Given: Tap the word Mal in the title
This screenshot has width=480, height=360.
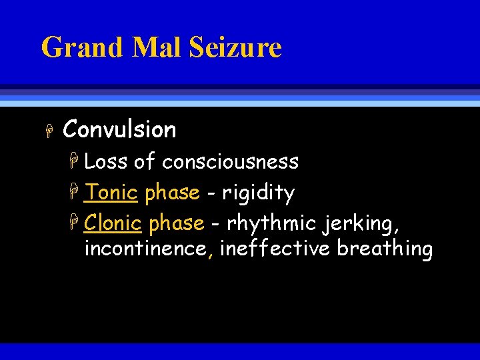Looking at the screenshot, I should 149,48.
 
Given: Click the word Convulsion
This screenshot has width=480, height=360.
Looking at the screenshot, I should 119,129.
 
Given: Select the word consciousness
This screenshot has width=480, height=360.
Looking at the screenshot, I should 230,161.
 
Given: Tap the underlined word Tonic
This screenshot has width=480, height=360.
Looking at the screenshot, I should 111,193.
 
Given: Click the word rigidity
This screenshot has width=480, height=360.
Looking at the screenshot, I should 258,193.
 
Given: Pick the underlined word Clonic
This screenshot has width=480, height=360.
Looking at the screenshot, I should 113,223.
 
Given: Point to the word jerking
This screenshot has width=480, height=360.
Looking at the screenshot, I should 361,224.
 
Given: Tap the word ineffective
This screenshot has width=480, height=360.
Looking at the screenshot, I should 275,249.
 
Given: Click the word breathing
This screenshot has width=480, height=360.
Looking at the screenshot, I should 385,249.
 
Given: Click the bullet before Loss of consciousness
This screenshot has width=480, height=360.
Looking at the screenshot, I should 77,162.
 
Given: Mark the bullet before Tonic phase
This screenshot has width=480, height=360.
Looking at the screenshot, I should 77,193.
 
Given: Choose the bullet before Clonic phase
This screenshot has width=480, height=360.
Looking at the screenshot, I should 77,223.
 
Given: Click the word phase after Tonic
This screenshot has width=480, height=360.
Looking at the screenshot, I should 172,193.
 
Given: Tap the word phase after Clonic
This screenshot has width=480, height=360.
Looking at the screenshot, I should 177,223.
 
